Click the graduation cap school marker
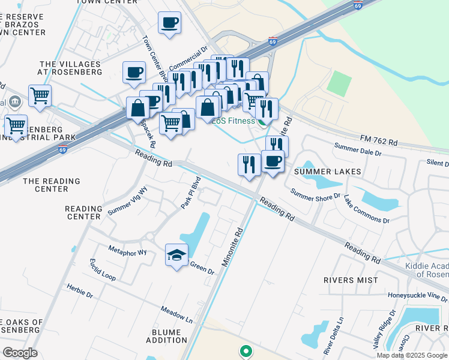(176, 256)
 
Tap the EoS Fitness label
(234, 121)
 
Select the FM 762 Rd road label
(379, 142)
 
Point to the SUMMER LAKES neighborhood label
(327, 172)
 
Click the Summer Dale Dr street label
(358, 149)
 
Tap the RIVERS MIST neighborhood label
(351, 280)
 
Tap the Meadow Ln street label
(176, 314)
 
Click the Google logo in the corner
(20, 352)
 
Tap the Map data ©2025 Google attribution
(412, 355)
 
